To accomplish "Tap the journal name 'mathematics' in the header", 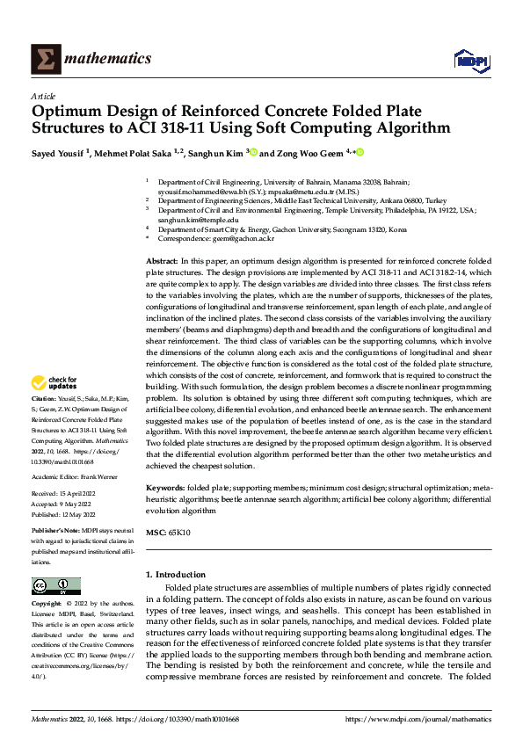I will click(110, 59).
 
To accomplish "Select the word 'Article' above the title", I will click(43, 96).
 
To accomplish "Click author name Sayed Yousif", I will click(61, 152).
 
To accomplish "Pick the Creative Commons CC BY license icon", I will click(55, 586).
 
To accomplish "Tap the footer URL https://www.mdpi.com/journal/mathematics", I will click(418, 719).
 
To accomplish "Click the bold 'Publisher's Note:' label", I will click(60, 533).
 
